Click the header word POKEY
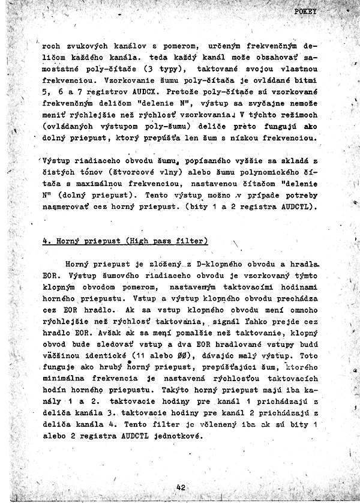(307, 12)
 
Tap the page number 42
(181, 487)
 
